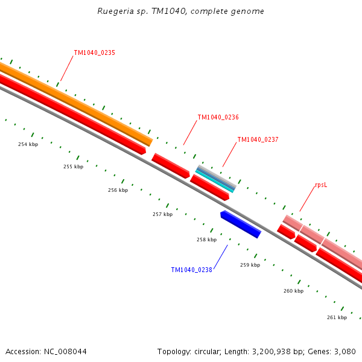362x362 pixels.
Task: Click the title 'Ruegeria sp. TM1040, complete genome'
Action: point(180,11)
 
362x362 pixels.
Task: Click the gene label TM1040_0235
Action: point(94,53)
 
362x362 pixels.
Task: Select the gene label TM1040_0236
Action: point(218,118)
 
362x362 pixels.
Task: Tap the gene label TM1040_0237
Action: point(258,140)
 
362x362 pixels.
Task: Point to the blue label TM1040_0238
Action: point(191,270)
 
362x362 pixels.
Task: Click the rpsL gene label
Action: point(321,186)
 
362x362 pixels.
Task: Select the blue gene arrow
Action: point(241,224)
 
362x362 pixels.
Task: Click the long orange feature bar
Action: point(78,103)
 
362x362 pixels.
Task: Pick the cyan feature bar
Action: point(215,180)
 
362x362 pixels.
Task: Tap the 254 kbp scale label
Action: point(28,145)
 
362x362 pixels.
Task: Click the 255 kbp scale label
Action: point(73,167)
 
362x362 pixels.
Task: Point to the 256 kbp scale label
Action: point(118,191)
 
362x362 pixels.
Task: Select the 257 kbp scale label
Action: point(162,215)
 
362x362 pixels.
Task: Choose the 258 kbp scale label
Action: point(206,240)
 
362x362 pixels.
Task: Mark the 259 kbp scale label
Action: point(250,265)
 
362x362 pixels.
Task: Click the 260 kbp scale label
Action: point(293,291)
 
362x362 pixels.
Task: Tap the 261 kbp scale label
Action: point(337,317)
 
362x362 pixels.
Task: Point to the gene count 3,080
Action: point(345,351)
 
